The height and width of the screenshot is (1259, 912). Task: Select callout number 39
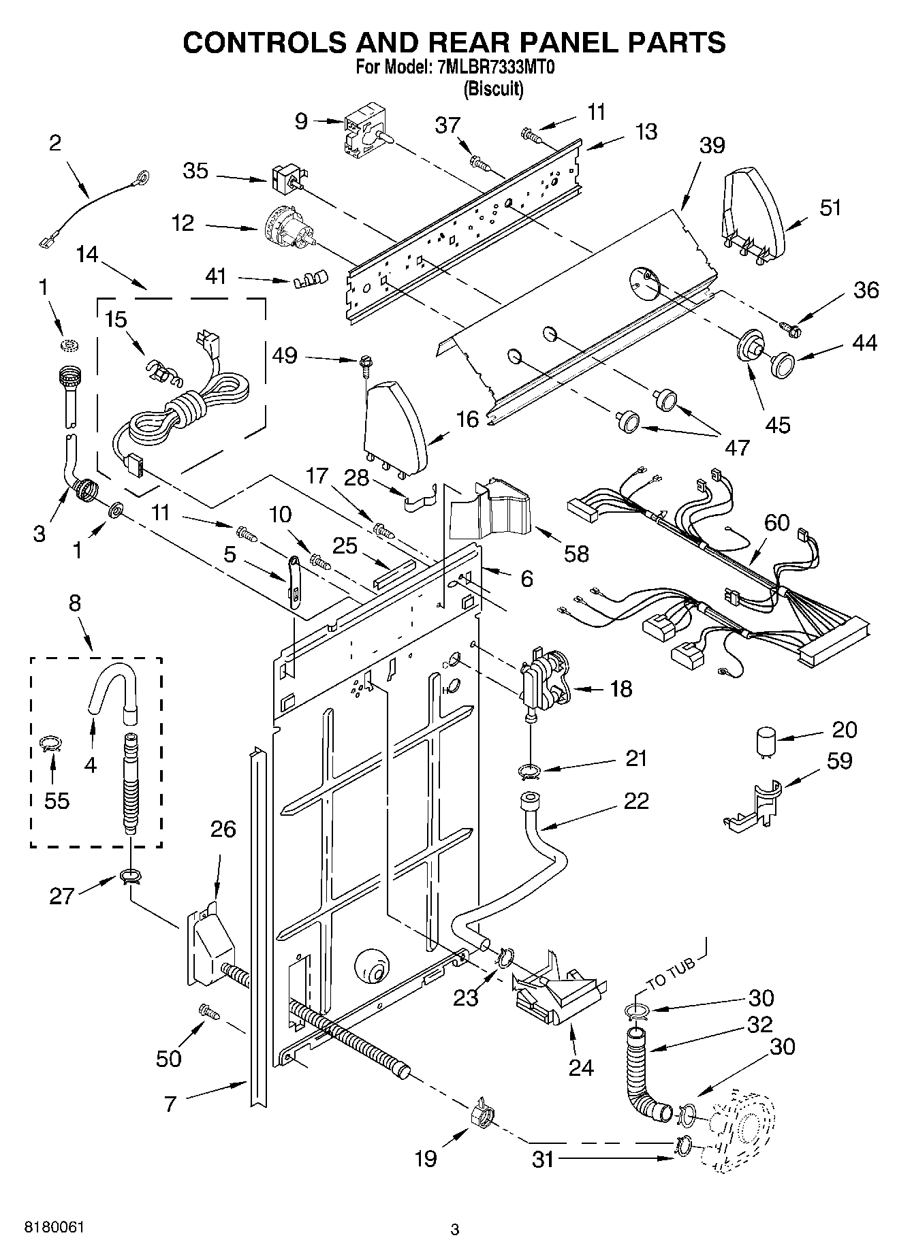712,145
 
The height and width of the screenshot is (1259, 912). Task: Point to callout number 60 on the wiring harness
776,523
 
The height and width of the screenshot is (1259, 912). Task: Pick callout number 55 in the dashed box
57,801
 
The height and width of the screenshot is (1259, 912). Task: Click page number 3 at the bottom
455,1230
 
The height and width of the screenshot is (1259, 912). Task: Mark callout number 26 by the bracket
223,829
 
